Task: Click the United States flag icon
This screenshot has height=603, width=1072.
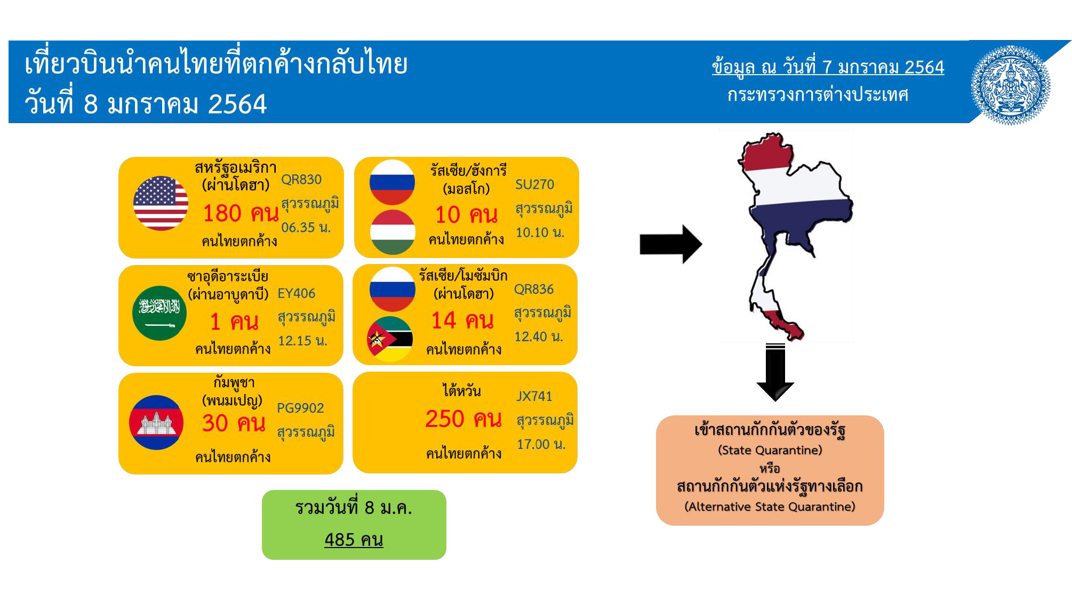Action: pos(161,203)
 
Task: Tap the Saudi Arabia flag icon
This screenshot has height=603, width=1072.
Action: pos(159,313)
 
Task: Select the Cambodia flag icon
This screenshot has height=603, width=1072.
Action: pos(156,422)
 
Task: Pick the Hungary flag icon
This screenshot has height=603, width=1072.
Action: pos(393,232)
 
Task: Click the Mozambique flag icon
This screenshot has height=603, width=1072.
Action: pos(390,339)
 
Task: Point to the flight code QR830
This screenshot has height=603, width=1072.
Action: pos(301,180)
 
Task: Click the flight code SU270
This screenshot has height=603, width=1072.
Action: pos(534,184)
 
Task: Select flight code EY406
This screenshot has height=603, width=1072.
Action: pos(297,293)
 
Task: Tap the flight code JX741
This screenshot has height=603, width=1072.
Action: pos(534,396)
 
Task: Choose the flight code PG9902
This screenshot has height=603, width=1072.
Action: pos(300,408)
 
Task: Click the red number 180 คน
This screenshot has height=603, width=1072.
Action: pos(241,213)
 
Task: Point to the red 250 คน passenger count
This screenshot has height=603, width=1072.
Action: pos(463,419)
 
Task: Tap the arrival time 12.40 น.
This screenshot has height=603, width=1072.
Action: pos(539,336)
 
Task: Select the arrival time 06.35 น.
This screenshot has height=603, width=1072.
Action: pos(306,228)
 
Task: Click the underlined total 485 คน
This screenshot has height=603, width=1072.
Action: pos(354,540)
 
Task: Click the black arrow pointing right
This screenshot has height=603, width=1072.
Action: pos(671,244)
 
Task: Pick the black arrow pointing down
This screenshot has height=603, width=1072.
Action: pos(775,372)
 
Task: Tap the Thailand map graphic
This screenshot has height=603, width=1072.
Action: pos(795,236)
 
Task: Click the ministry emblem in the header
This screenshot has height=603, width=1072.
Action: pos(1010,85)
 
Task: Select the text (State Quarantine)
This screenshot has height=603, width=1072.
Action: pos(770,450)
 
